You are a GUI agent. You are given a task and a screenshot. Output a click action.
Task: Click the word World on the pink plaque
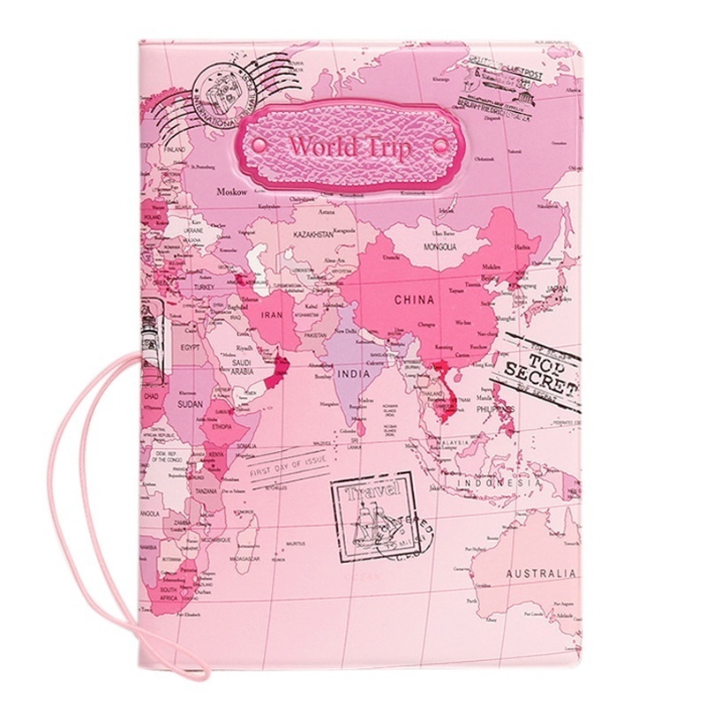pos(319,145)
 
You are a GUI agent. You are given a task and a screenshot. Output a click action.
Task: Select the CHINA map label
pos(414,300)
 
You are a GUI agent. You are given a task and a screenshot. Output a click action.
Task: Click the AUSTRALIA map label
pos(539,575)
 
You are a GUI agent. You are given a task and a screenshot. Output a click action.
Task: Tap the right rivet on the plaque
pos(440,145)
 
